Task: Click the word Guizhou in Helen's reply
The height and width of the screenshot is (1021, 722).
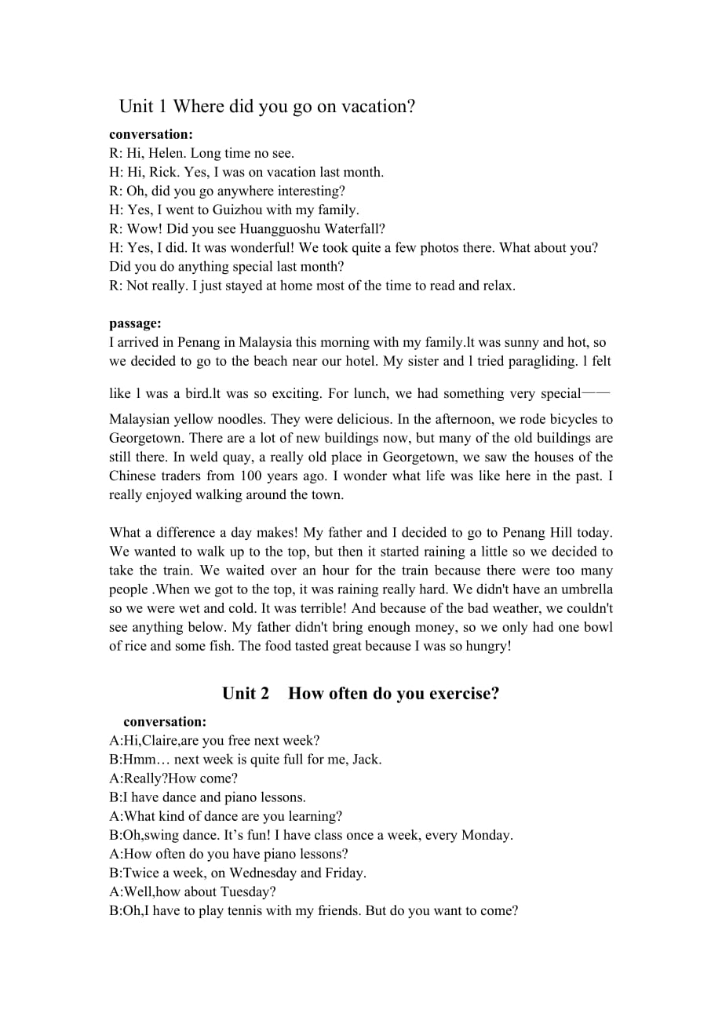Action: (228, 210)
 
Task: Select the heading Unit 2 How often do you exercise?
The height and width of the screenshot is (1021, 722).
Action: (360, 693)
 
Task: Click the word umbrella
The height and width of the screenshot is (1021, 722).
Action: (587, 589)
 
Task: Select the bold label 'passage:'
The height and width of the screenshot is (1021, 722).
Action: (135, 323)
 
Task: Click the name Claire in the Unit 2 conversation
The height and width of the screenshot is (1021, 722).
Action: (161, 740)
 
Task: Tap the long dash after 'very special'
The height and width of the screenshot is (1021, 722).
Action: (597, 393)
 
